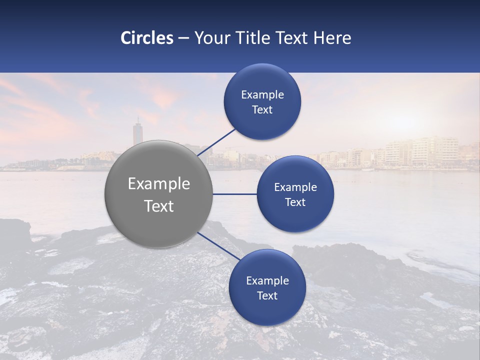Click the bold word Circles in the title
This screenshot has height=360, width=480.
147,38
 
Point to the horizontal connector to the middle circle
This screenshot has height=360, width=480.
234,194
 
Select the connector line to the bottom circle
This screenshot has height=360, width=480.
219,246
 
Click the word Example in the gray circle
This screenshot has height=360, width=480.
159,184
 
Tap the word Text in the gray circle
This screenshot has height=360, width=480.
159,206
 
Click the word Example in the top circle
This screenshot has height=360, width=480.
262,95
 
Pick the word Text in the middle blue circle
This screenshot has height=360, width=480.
295,202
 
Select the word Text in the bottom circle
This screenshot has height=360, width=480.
267,296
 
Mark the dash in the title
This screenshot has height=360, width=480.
183,38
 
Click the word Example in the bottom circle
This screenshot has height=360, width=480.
267,281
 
